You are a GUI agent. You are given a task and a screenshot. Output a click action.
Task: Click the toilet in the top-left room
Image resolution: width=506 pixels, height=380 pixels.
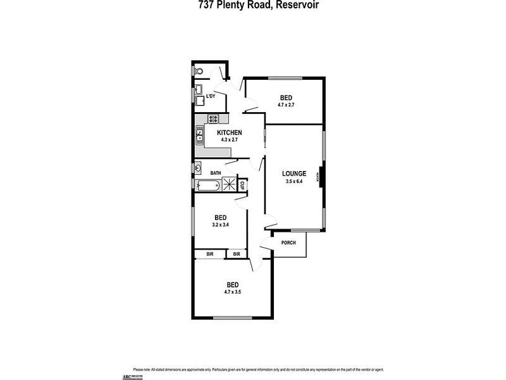point(198,72)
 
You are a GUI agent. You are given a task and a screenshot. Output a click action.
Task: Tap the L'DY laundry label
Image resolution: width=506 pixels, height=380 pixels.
point(211,96)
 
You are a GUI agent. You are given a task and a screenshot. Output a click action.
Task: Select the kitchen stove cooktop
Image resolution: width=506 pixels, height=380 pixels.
point(214,118)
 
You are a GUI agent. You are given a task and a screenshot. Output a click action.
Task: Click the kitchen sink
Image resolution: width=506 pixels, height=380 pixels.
point(199,134)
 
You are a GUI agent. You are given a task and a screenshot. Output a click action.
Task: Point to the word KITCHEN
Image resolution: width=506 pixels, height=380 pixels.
point(230,132)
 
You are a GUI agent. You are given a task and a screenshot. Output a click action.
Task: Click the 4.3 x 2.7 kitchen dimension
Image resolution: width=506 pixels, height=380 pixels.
point(230,139)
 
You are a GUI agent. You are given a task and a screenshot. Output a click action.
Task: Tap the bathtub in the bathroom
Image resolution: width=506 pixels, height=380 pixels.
point(207,186)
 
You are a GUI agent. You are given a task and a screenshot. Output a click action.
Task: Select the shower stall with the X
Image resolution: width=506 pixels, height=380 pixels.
point(228,185)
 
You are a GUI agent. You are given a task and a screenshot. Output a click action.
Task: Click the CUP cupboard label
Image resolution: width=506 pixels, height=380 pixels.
point(242,185)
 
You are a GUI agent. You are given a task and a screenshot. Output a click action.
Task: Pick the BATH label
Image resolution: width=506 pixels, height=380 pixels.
point(216,173)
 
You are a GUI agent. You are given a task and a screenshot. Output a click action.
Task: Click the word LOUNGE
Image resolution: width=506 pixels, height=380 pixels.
point(294,174)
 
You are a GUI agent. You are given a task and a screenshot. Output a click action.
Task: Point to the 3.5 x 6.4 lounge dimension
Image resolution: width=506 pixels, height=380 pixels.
point(294,181)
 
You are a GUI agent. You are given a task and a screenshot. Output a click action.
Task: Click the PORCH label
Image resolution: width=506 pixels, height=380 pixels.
point(288,243)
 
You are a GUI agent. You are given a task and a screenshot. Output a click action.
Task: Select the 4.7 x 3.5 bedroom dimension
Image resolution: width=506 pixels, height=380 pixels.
point(232,291)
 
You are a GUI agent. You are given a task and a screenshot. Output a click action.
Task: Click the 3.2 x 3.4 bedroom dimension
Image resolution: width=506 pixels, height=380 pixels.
point(219,224)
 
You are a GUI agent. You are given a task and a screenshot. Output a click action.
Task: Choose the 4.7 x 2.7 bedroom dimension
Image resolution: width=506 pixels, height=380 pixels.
point(286,104)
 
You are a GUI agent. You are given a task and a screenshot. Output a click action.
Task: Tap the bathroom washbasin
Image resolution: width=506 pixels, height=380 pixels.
point(198,168)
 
